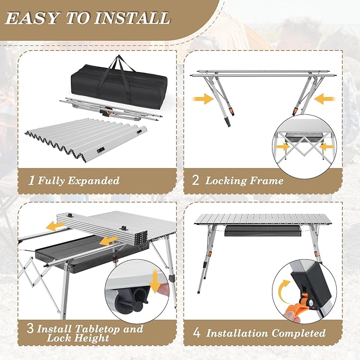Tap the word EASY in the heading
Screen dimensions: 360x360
(31, 18)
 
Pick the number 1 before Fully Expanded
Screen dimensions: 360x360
(32, 180)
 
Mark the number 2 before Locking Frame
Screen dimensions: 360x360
(196, 180)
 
